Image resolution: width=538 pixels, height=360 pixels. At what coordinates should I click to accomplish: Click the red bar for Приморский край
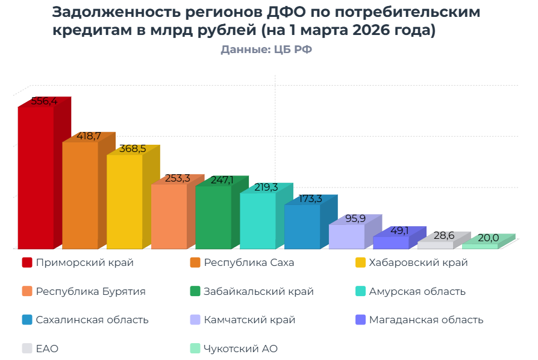(36, 178)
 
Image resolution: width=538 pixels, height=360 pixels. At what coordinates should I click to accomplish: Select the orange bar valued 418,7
(80, 195)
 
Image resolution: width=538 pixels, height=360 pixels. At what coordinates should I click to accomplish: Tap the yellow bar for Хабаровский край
(124, 202)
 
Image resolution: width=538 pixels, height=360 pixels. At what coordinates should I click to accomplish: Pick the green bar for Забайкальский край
(213, 217)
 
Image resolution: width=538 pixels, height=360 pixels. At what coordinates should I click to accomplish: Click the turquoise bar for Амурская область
(257, 221)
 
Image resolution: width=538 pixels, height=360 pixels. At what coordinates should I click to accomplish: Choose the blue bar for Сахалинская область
(302, 227)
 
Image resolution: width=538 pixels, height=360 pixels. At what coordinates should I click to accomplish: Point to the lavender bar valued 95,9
(346, 236)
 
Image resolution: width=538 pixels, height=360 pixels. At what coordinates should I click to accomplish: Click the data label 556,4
(44, 101)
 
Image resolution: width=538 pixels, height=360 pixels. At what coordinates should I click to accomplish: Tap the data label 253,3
(178, 178)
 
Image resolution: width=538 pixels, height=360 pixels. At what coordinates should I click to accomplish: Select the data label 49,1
(400, 230)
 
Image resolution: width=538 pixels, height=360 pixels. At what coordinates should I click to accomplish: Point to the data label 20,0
(488, 238)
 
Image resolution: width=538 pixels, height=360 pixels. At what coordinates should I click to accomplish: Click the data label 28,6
(444, 235)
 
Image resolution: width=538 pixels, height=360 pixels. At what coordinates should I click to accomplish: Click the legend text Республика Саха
(249, 262)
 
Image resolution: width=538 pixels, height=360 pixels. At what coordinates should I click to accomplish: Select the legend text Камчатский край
(249, 320)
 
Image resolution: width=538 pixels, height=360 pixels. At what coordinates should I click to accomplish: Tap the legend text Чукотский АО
(240, 349)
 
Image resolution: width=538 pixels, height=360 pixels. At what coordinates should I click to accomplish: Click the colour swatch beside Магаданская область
(360, 320)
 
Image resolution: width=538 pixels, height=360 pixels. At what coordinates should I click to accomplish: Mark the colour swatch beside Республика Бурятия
(27, 291)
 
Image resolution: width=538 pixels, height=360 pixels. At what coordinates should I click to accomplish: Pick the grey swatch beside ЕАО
(27, 349)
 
